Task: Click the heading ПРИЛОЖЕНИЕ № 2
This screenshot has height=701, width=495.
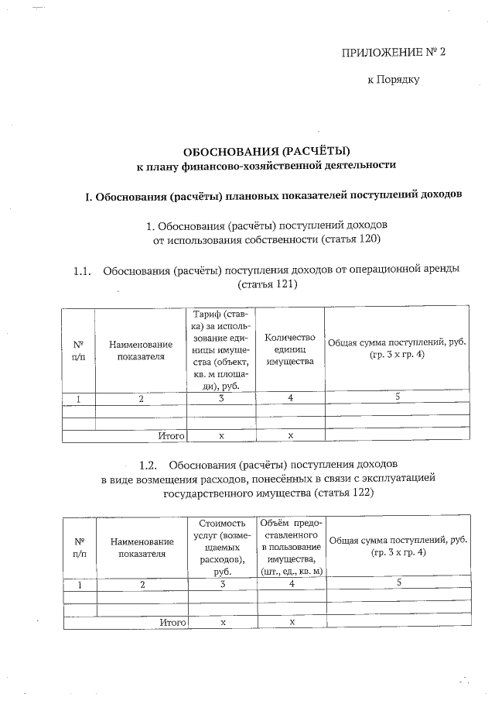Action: pos(394,53)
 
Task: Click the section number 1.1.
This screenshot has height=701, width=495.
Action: pos(83,270)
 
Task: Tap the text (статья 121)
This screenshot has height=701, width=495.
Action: pos(268,284)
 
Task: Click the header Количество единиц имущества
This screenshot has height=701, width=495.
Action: pos(290,349)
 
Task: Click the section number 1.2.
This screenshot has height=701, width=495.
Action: pos(148,466)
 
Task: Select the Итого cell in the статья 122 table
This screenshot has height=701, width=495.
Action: pos(172,622)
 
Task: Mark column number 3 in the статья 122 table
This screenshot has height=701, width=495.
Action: pos(221,585)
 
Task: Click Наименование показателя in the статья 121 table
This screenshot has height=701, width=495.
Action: pos(140,349)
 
